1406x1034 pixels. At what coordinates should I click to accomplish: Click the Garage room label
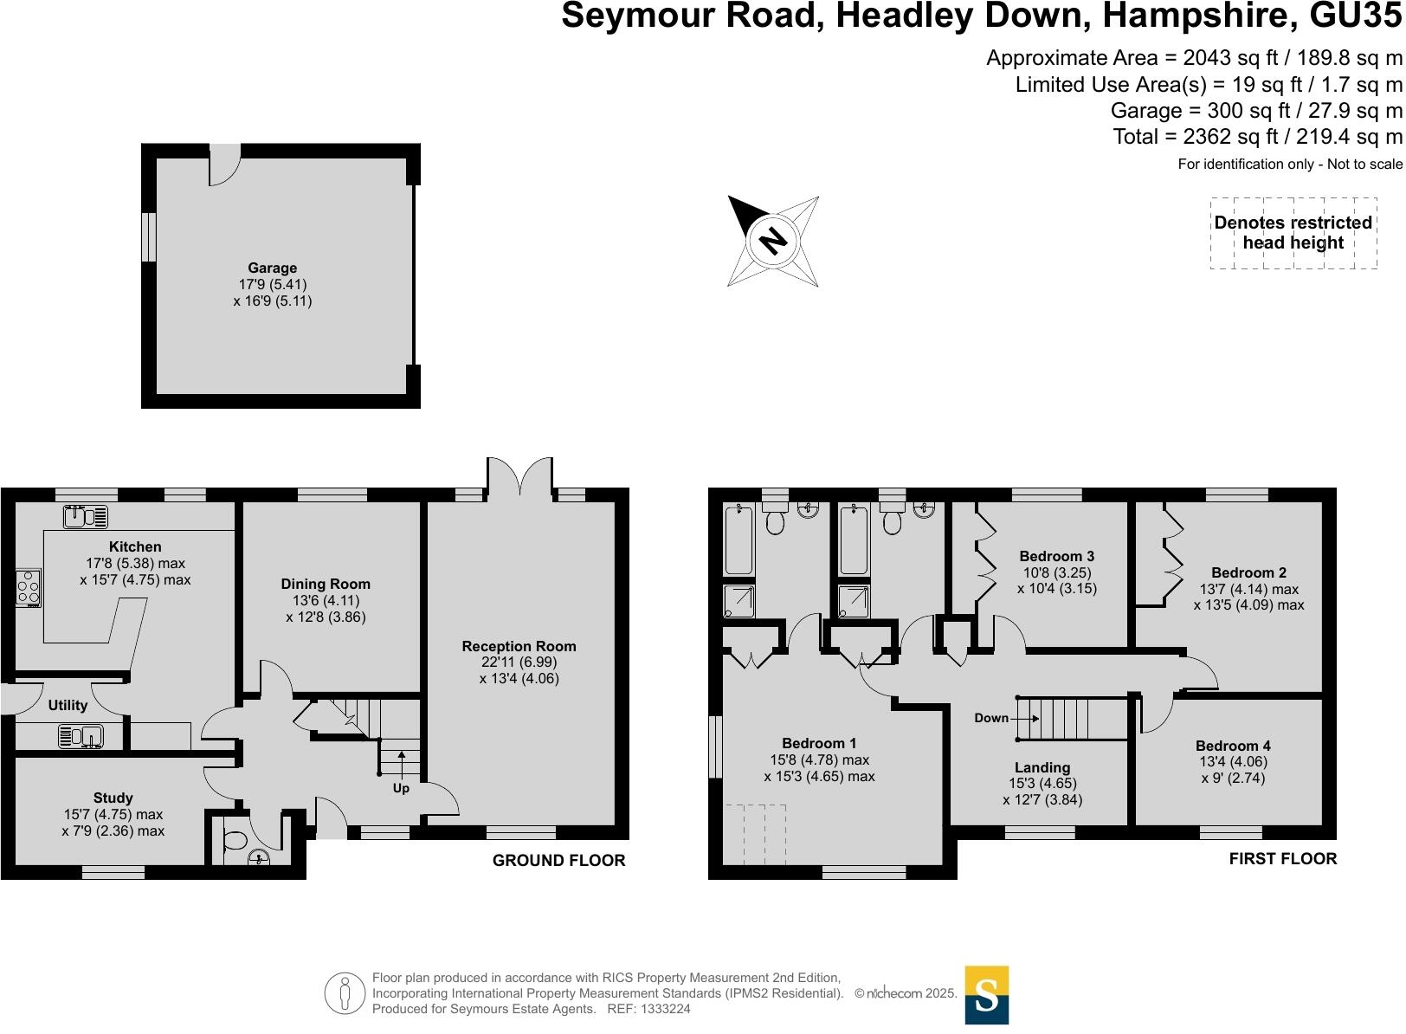coord(272,268)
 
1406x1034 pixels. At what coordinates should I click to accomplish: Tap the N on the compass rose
coord(772,241)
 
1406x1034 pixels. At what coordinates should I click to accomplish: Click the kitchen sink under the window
coord(86,517)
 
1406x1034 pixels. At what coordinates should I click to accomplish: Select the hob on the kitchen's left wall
coord(29,588)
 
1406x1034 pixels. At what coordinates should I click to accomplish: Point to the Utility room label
coord(68,705)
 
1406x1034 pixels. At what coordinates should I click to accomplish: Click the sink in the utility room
coord(81,736)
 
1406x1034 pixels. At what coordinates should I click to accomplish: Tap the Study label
coord(113,798)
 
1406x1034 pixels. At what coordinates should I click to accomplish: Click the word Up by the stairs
coord(401,789)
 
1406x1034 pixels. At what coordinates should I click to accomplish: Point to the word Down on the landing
coord(991,718)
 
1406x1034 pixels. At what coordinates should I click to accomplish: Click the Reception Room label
coord(519,646)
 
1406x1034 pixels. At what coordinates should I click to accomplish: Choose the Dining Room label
coord(326,584)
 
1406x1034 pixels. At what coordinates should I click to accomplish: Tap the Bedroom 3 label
coord(1056,556)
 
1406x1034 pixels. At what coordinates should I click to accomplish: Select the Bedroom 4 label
coord(1233,746)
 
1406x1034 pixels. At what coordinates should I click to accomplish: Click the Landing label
coord(1042,767)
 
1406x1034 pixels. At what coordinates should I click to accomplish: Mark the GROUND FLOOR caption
coord(558,860)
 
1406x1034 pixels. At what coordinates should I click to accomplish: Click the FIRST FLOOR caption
coord(1282,858)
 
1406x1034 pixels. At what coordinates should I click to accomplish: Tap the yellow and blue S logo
coord(986,994)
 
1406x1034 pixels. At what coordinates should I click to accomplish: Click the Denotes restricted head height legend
coord(1293,232)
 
